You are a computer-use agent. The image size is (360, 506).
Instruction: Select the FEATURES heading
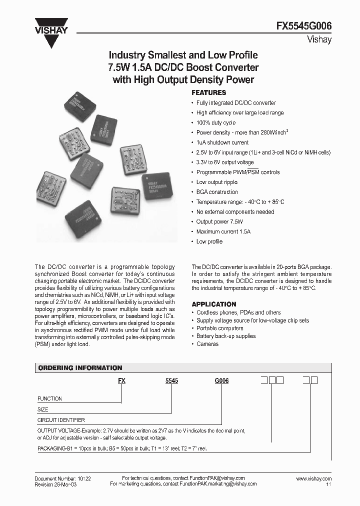(x=209, y=93)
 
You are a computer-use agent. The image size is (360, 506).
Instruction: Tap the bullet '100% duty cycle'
(x=215, y=122)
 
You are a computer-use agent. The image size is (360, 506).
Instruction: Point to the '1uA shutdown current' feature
(x=222, y=142)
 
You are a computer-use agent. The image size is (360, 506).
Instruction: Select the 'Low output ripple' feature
(x=216, y=182)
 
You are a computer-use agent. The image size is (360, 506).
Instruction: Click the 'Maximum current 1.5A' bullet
(x=223, y=231)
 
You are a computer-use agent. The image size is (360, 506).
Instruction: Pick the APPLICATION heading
(x=214, y=304)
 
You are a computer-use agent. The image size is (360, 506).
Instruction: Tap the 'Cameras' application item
(x=207, y=344)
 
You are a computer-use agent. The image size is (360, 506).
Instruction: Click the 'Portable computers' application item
(x=219, y=328)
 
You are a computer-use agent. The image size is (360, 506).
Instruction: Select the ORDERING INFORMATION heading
(x=80, y=368)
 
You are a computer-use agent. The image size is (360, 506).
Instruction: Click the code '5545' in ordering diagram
(x=171, y=380)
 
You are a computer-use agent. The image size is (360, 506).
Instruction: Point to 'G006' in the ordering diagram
(x=221, y=380)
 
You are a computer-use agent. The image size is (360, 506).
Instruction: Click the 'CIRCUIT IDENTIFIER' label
(x=61, y=420)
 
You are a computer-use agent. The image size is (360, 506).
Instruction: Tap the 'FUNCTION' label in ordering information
(x=50, y=398)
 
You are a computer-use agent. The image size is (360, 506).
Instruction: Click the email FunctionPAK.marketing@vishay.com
(x=218, y=484)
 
